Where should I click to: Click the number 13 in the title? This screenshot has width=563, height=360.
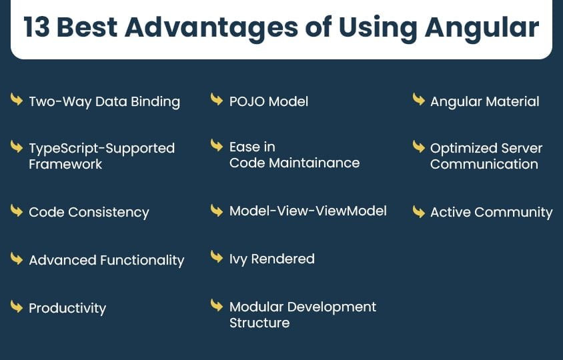pos(37,27)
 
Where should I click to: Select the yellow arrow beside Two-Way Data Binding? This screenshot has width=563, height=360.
pos(17,99)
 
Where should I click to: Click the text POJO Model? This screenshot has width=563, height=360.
pos(269,101)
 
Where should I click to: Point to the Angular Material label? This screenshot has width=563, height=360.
pos(485,102)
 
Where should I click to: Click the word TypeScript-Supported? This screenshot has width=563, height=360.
pos(101,148)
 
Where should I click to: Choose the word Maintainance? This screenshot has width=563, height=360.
pos(314,163)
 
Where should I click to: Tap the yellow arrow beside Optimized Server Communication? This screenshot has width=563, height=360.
pos(419,147)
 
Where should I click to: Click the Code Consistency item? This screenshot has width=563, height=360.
pos(89,213)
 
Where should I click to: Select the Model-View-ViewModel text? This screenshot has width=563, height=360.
pos(308,211)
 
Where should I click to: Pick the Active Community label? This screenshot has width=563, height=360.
pos(491,213)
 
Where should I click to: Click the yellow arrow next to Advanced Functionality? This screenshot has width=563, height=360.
pos(17,259)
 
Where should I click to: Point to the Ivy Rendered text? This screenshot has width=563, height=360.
pos(271,259)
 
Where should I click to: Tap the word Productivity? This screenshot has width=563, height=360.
pos(67,308)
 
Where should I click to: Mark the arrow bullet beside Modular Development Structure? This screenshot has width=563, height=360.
pos(217,305)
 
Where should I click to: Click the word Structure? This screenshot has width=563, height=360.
pos(259,323)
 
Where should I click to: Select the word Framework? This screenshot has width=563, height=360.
pos(65,165)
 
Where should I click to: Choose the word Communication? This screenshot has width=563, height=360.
pos(484,165)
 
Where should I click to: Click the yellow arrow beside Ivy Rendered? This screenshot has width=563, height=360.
pos(217,256)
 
